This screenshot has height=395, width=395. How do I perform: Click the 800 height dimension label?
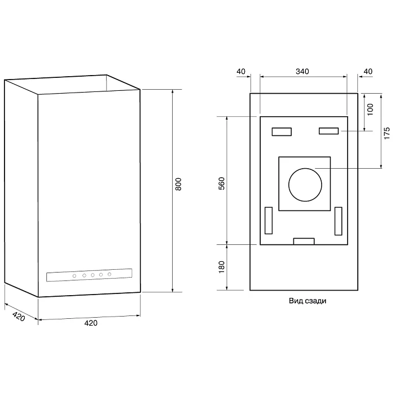(178, 184)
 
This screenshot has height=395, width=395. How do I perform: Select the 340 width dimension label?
(302, 72)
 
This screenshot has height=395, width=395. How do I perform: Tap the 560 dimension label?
(221, 183)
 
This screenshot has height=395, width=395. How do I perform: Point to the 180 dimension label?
(221, 267)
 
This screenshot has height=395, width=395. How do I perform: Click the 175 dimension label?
(387, 133)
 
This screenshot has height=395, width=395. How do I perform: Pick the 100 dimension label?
(370, 109)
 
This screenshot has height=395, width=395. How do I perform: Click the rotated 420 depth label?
(19, 316)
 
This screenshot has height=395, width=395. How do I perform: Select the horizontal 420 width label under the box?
(91, 323)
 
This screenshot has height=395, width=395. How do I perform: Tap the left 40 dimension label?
(241, 72)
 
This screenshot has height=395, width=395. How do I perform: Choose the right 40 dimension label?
(368, 72)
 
